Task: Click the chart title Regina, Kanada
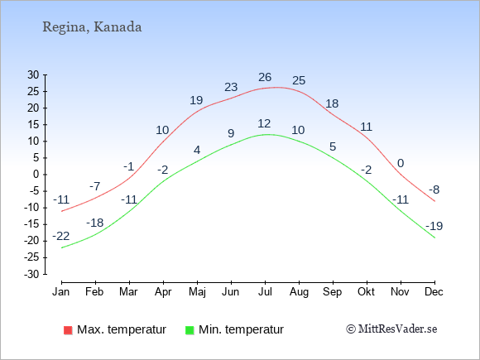(92, 27)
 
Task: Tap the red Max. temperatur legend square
(68, 330)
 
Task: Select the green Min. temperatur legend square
(190, 330)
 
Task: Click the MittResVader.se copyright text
(391, 329)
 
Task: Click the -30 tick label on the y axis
(31, 274)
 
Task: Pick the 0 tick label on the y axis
(36, 175)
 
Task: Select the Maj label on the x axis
(197, 292)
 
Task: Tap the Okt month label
(366, 291)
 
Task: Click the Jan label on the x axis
(61, 291)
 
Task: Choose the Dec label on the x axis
(434, 291)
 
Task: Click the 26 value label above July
(265, 77)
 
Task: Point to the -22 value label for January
(61, 236)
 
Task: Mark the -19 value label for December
(434, 226)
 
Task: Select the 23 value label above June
(231, 87)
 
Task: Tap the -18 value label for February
(95, 223)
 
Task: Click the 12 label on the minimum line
(264, 123)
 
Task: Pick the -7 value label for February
(95, 186)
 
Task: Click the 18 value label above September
(332, 103)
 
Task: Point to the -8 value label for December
(434, 190)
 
